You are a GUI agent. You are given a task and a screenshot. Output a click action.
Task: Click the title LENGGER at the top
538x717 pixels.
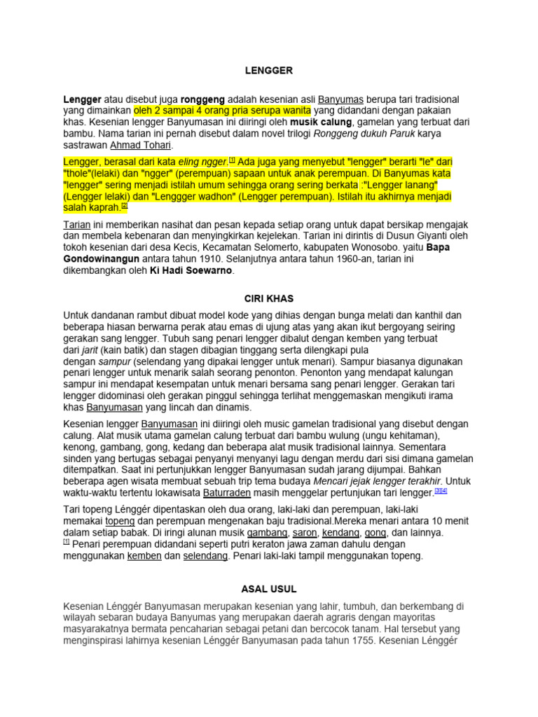269,71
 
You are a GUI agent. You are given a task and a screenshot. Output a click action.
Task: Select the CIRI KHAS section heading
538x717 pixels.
269,298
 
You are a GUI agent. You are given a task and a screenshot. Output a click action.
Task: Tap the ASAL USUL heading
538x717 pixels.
269,589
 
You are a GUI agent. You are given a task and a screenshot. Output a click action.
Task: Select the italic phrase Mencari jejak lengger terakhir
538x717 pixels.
378,481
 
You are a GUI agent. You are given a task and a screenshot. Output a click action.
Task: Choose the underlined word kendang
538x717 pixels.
342,533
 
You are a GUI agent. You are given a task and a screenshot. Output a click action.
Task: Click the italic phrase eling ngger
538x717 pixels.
202,162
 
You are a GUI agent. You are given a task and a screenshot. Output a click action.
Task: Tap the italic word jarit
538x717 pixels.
88,350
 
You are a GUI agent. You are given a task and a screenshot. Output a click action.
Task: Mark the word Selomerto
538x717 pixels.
257,247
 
